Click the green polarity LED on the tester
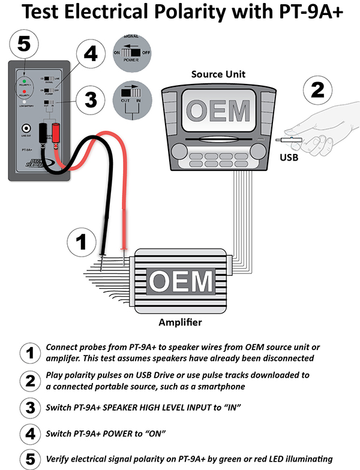(x=23, y=80)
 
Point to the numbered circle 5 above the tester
(x=24, y=43)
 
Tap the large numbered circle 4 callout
(x=89, y=55)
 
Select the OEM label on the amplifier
(x=181, y=281)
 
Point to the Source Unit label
(x=218, y=75)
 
